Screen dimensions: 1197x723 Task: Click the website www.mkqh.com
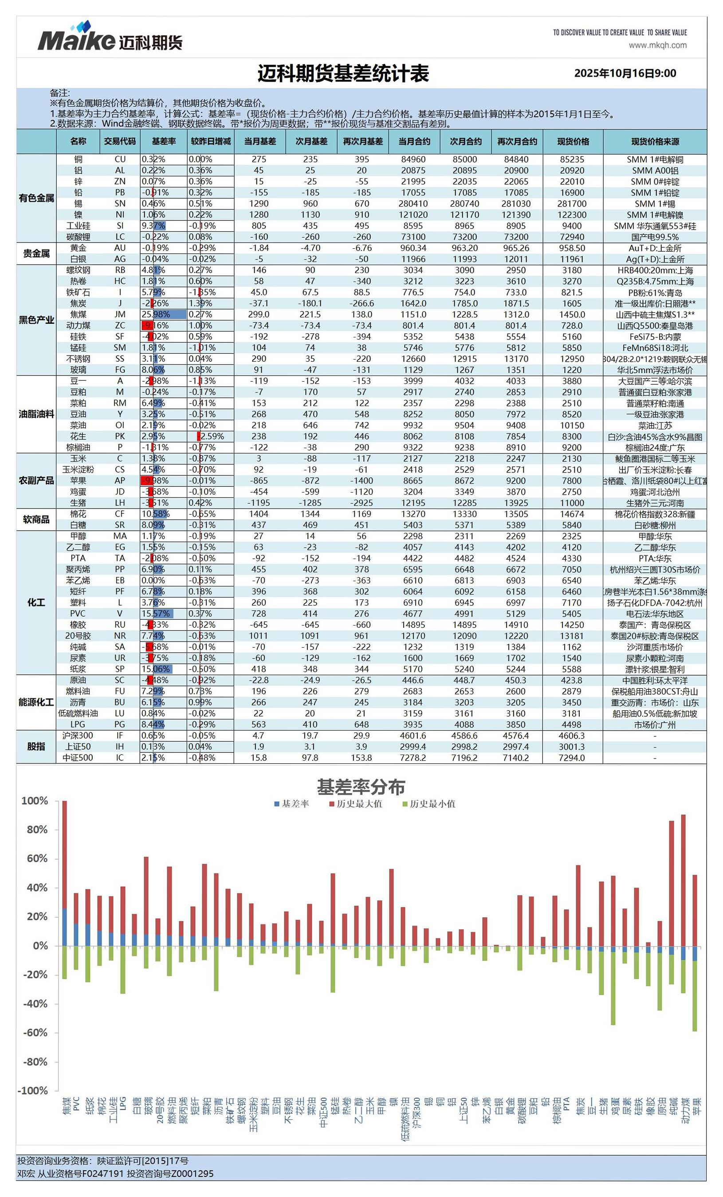[657, 45]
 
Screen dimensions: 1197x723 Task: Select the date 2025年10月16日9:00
[625, 73]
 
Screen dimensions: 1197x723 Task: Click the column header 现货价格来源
[655, 141]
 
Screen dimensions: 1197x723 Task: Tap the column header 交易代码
[119, 141]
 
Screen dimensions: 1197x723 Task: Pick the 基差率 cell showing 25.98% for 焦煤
[163, 314]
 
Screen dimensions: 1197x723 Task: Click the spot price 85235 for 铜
[572, 159]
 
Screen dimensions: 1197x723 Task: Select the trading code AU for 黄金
[119, 248]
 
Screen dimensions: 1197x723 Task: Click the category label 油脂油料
[36, 414]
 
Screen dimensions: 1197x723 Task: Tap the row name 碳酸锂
[78, 237]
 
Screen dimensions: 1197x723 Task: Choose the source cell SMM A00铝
[655, 171]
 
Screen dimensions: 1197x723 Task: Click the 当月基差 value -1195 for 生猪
[259, 503]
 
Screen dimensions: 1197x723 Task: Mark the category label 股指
[36, 746]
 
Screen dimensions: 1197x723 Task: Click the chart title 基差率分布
[361, 787]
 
